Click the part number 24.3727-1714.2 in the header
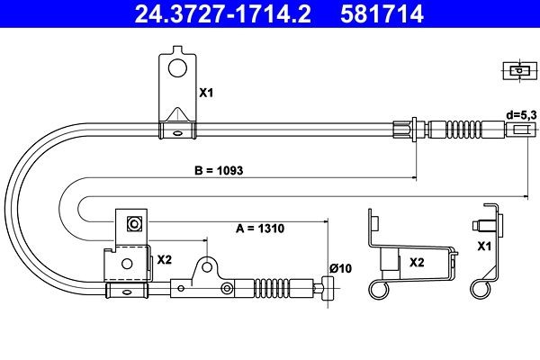223,13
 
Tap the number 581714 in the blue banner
382,13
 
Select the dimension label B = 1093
219,170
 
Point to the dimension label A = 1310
260,229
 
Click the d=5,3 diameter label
521,115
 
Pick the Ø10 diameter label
340,268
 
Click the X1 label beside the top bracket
206,93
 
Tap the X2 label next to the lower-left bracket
165,260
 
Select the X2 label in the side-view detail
417,263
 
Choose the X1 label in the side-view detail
484,247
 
